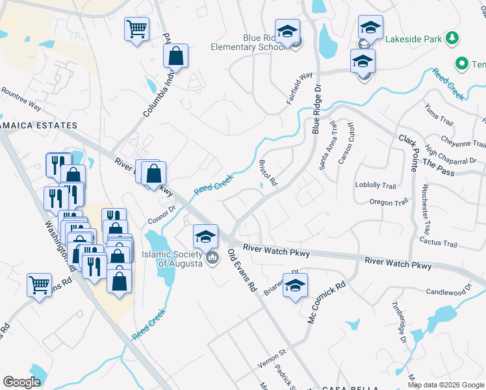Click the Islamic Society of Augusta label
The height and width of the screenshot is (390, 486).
172,260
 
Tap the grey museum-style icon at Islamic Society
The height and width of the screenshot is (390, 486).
212,259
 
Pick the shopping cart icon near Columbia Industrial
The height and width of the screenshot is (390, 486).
137,29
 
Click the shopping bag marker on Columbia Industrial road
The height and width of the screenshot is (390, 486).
175,57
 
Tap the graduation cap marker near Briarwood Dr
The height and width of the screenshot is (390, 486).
295,285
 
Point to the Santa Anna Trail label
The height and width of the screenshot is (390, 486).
327,146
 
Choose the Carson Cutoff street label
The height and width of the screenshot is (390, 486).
346,142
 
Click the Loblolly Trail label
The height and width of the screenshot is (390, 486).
376,185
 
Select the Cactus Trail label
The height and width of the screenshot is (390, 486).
439,243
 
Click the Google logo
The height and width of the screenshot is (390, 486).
22,382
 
